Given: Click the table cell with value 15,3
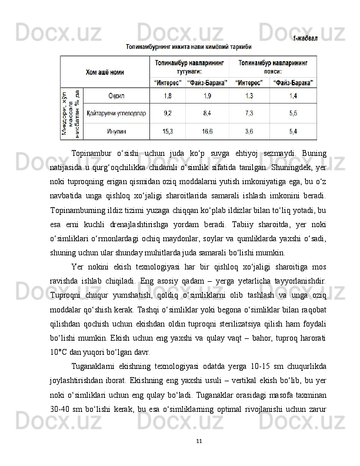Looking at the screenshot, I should [x=168, y=131].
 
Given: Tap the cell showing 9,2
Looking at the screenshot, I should [x=168, y=112].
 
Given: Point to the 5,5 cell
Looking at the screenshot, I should [x=292, y=112].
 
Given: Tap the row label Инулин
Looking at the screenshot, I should [x=116, y=131].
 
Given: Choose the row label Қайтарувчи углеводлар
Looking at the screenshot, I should [x=116, y=112].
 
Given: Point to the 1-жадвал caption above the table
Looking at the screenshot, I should [x=305, y=39].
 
